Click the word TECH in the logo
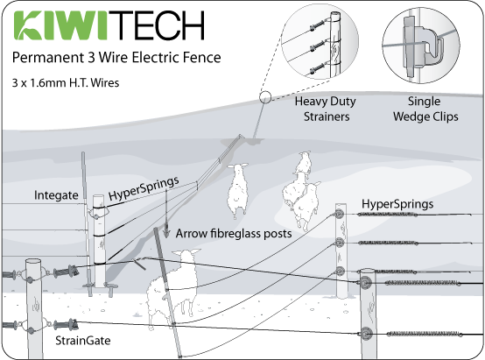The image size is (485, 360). pyautogui.click(x=156, y=28)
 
